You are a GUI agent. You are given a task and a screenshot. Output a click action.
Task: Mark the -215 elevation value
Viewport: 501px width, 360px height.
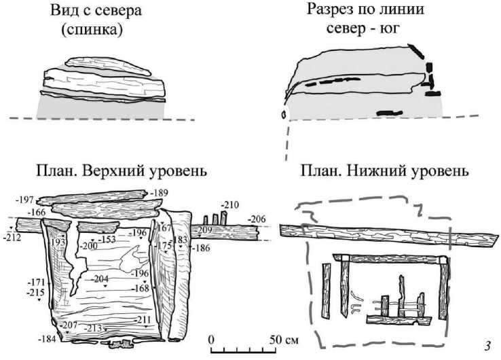click(x=35, y=292)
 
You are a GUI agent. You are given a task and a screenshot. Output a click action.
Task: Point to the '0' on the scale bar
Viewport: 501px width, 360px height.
click(x=211, y=338)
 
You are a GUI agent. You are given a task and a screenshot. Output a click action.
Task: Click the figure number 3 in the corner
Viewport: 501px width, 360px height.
click(x=487, y=346)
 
